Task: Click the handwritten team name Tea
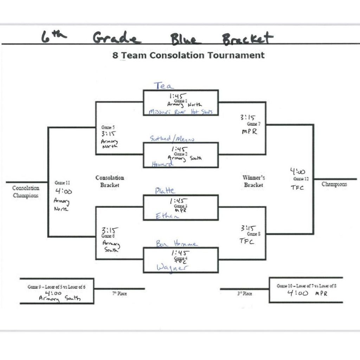click(163, 85)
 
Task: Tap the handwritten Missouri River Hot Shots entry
click(181, 112)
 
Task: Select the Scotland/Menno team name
click(172, 139)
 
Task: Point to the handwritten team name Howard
click(162, 164)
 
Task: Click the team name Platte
click(165, 191)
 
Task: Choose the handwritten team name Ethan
click(167, 217)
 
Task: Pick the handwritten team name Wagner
click(172, 268)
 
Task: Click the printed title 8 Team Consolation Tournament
click(188, 55)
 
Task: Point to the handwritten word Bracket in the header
click(247, 38)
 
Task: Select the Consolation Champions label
click(26, 192)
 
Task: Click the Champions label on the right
click(334, 184)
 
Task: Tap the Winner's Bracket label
click(253, 181)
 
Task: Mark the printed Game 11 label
click(62, 183)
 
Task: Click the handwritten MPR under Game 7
click(250, 132)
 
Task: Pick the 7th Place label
click(120, 294)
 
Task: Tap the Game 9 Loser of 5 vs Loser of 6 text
click(56, 287)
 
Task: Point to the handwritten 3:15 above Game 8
click(249, 228)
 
